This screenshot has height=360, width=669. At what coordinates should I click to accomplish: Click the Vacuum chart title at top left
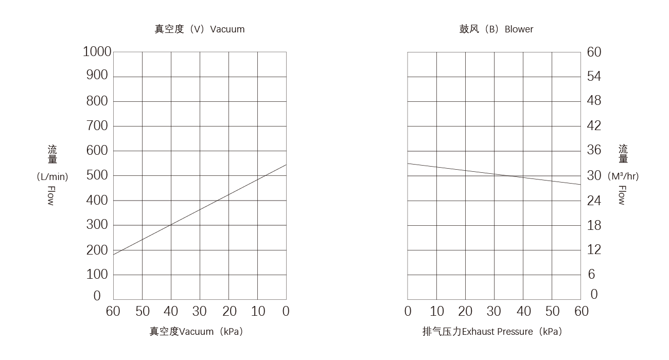coord(200,29)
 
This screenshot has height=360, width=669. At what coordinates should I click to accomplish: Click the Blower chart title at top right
coord(496,29)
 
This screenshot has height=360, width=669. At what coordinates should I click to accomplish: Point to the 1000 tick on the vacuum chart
coord(97,52)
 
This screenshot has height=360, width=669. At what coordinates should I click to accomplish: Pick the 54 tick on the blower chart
coord(594,77)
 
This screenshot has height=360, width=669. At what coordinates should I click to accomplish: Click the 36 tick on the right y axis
coord(594,151)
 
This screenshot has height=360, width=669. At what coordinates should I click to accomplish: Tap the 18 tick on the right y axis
coord(594,225)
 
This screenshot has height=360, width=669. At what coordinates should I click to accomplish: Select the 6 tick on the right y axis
coord(591,275)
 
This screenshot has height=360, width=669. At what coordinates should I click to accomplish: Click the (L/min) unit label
coord(52,176)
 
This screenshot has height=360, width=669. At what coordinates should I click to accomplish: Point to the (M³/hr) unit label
coord(623,176)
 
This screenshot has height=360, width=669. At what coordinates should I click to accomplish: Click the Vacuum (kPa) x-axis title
coord(196,332)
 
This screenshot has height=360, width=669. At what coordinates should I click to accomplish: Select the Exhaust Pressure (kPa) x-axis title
coord(491,332)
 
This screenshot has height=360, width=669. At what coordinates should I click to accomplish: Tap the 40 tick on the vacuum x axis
coord(171,311)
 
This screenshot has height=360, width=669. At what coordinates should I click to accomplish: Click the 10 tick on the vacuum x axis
coord(258,311)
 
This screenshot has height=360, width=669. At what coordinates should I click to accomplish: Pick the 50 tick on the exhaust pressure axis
coord(552,311)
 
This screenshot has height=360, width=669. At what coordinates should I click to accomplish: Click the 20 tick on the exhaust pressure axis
coord(465,311)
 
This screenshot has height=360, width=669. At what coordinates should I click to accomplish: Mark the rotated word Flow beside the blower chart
coord(622,195)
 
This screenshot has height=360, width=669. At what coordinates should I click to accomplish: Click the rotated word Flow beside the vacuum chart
coord(51,196)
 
